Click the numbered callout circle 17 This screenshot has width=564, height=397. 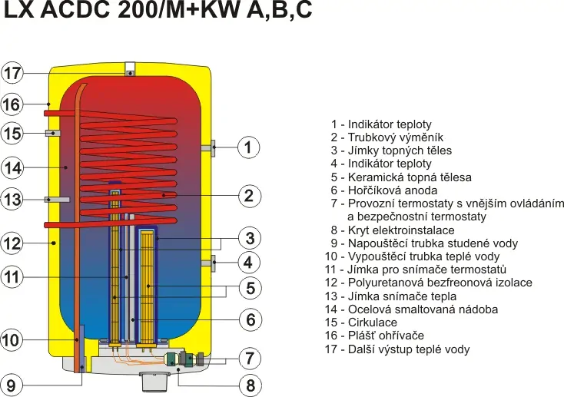tap(12, 74)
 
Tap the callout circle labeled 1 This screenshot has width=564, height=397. tap(247, 147)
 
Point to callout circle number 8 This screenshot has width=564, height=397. tap(247, 385)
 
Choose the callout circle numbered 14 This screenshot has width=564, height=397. tap(12, 167)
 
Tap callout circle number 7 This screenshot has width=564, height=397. tap(247, 357)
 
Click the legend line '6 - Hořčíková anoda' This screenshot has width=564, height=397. tap(384, 190)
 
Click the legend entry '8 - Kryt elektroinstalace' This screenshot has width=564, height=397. tap(393, 230)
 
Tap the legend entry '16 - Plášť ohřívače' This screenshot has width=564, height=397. tap(374, 336)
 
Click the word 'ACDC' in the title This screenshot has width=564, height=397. tap(85, 16)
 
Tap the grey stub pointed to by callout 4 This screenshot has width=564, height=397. tap(210, 263)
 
